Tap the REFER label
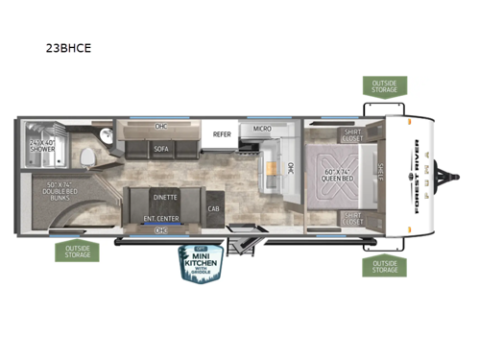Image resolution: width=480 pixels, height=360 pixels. point(222,133)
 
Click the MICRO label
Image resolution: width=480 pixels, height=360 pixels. point(262,129)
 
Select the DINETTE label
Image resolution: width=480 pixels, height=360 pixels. point(164,197)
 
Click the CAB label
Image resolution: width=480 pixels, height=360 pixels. point(213,209)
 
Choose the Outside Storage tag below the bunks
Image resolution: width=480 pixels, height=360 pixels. point(76,251)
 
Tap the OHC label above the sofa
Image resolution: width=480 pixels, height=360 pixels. point(162,127)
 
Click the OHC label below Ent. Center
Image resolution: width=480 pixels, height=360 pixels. point(161,230)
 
